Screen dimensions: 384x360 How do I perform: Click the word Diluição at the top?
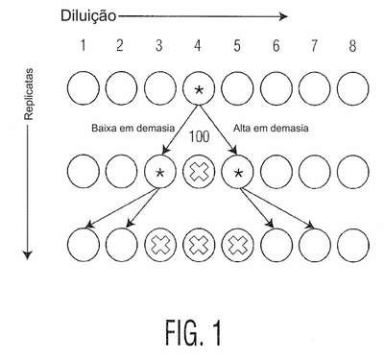pos(88,15)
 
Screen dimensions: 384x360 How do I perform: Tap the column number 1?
pos(84,46)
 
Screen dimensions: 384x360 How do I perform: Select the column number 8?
pos(352,46)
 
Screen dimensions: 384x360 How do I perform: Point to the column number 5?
pos(237,46)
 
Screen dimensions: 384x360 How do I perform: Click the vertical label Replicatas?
pos(29,94)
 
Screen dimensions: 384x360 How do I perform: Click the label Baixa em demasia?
pos(133,129)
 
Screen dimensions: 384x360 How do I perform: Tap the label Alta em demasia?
pos(271,129)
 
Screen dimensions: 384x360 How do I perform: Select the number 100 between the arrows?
pos(199,136)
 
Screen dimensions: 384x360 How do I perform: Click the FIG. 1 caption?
pos(193,333)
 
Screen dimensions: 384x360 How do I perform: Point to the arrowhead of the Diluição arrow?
pos(283,16)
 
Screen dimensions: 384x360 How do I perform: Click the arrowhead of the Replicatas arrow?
pos(28,254)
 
